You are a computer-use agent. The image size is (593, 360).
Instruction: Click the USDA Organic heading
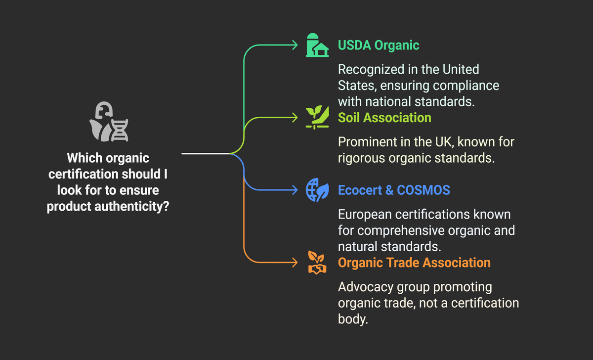(x=378, y=45)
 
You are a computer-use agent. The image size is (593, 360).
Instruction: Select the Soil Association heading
(x=384, y=117)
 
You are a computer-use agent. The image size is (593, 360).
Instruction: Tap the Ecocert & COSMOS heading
(x=394, y=190)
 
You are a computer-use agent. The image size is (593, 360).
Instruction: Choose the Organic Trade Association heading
(x=414, y=262)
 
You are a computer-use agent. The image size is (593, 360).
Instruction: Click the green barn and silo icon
(x=317, y=45)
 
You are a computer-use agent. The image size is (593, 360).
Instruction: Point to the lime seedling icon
(x=317, y=118)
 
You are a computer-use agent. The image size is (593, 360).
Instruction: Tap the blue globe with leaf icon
(x=317, y=190)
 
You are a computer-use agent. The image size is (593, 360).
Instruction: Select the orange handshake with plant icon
(x=317, y=263)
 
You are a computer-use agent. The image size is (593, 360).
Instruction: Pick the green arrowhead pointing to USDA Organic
(x=295, y=45)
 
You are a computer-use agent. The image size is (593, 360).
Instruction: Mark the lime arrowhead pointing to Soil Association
(x=295, y=118)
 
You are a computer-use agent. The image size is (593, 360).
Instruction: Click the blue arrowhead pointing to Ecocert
(x=295, y=190)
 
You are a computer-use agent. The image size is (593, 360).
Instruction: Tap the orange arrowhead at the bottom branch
(x=295, y=262)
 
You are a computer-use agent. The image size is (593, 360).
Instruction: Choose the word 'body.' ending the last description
(x=353, y=319)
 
